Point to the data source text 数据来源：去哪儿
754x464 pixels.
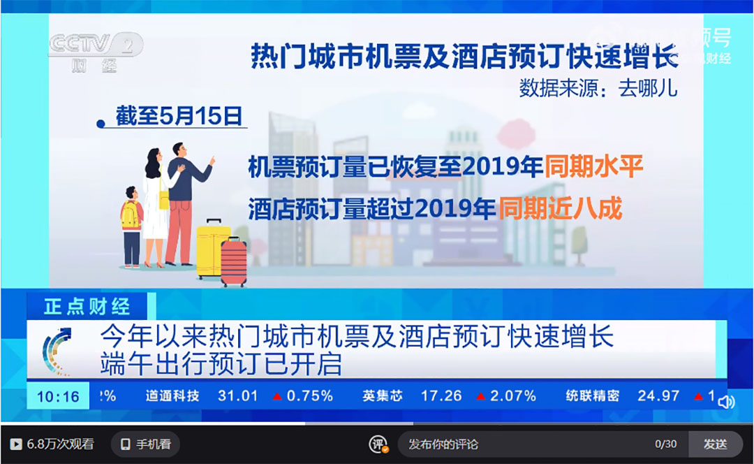tap(598, 89)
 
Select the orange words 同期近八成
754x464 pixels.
tap(560, 209)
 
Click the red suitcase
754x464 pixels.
tap(234, 262)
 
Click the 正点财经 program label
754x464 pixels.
tap(87, 306)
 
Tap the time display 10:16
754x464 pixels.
tap(58, 396)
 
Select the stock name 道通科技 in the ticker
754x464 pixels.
tap(172, 396)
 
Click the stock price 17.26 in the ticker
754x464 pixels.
tap(441, 396)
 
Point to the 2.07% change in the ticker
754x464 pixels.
tap(512, 396)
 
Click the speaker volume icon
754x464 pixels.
tap(726, 402)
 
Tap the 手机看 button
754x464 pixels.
tap(145, 444)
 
